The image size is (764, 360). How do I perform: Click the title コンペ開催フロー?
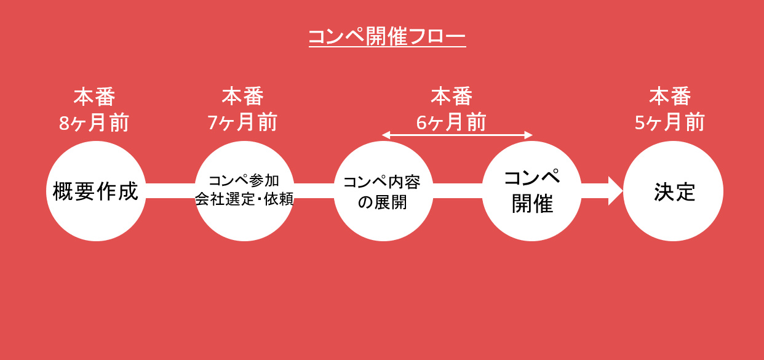click(x=386, y=36)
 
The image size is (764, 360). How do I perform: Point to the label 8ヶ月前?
click(x=94, y=123)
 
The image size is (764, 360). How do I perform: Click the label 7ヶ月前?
click(x=242, y=123)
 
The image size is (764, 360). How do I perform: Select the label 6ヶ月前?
click(x=452, y=122)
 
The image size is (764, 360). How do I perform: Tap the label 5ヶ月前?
click(x=670, y=123)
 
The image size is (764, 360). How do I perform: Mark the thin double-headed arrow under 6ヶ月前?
click(x=456, y=135)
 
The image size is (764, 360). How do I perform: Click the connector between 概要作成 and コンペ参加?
click(x=170, y=191)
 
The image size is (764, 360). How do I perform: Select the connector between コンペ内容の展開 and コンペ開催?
click(x=458, y=191)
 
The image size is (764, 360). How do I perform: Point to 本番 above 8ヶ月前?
click(x=94, y=97)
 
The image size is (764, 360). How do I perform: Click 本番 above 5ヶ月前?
click(x=670, y=97)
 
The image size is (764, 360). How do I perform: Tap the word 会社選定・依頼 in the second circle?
click(x=244, y=200)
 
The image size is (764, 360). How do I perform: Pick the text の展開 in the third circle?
click(x=383, y=202)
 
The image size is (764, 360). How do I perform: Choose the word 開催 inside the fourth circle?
click(x=532, y=204)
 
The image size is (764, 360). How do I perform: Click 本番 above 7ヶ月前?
click(x=242, y=97)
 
